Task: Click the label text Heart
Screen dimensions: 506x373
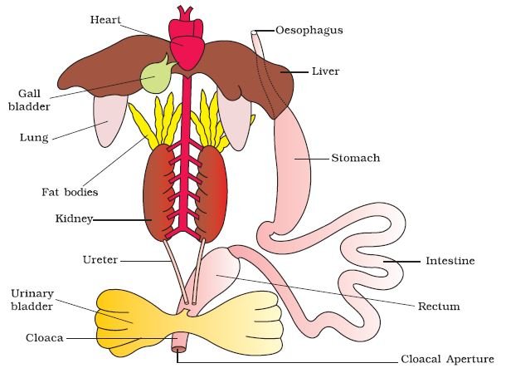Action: click(x=105, y=20)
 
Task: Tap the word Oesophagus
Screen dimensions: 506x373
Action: click(x=309, y=31)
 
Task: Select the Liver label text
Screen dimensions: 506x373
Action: click(x=326, y=71)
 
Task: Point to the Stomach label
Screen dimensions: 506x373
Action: click(x=356, y=158)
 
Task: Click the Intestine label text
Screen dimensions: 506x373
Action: click(x=450, y=261)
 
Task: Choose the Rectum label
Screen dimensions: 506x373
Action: click(x=439, y=307)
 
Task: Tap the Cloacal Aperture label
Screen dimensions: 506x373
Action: click(x=447, y=359)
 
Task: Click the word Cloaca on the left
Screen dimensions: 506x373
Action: click(x=45, y=338)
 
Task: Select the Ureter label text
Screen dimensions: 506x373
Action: click(x=100, y=260)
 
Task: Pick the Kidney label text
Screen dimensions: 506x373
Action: click(x=74, y=218)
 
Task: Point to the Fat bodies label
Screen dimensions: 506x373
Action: click(x=70, y=193)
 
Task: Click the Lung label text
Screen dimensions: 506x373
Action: click(x=34, y=138)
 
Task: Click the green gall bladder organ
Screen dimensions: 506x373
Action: click(x=155, y=76)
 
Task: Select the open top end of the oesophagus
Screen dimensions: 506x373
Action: click(x=254, y=32)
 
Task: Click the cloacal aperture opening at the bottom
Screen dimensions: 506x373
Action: click(x=178, y=350)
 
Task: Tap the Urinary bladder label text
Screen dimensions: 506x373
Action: click(x=32, y=300)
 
